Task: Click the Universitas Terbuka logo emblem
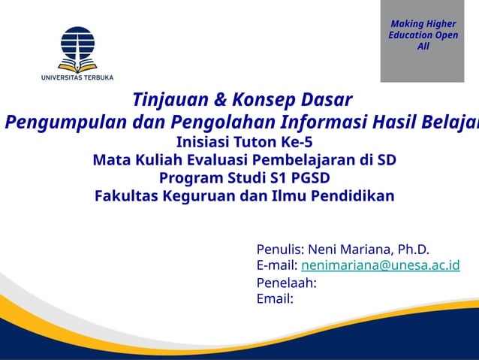(77, 47)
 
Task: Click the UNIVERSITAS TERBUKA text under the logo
(77, 77)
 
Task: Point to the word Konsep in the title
(264, 100)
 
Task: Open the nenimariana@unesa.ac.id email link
(380, 266)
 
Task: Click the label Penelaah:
(286, 283)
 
